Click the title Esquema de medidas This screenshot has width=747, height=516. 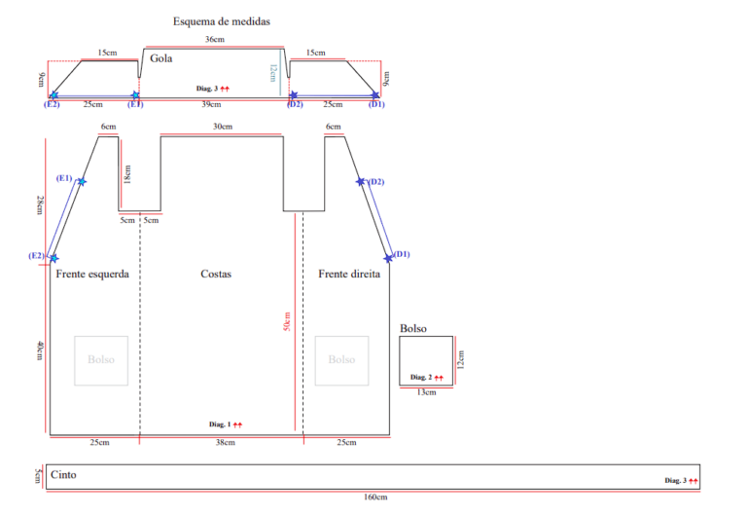(222, 21)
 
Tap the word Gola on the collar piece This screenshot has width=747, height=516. (161, 58)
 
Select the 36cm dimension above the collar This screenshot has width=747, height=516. (215, 39)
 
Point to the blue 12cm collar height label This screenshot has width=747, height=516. (272, 73)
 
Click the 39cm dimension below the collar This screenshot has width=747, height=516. (211, 104)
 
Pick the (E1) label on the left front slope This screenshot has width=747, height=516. (64, 178)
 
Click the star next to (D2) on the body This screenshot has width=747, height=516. (361, 181)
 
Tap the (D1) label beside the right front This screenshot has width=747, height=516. (402, 254)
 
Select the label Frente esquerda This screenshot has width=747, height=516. (92, 274)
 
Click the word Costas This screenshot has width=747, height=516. (216, 274)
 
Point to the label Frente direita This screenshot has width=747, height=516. (349, 274)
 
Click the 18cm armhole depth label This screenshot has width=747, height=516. (127, 174)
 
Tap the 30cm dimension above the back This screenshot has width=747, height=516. (223, 127)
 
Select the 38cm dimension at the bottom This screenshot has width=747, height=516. (226, 443)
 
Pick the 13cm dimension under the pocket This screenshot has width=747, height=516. (426, 392)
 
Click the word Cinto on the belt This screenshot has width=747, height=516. (63, 474)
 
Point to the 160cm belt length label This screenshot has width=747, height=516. (375, 497)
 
